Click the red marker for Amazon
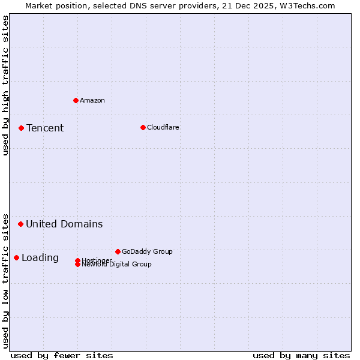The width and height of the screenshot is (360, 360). pyautogui.click(x=76, y=100)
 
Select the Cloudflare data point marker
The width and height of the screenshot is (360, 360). pyautogui.click(x=143, y=127)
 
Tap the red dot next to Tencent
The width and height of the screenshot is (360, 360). pyautogui.click(x=21, y=128)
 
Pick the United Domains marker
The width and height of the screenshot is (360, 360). pyautogui.click(x=20, y=224)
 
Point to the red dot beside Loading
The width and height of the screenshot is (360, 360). pyautogui.click(x=16, y=257)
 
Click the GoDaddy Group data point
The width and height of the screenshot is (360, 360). pyautogui.click(x=118, y=251)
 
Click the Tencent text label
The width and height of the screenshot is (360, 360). pyautogui.click(x=45, y=128)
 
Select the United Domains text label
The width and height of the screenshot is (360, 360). pyautogui.click(x=64, y=224)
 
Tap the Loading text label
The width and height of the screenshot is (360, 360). pyautogui.click(x=40, y=257)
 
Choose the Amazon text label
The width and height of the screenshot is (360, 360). pyautogui.click(x=92, y=100)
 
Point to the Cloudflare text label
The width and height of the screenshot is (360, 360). pyautogui.click(x=163, y=127)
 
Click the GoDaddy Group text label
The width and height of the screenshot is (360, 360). pyautogui.click(x=147, y=251)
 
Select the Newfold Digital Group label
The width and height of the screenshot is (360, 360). pyautogui.click(x=117, y=265)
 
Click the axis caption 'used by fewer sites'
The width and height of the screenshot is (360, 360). pyautogui.click(x=62, y=355)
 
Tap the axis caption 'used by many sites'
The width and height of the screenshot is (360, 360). pyautogui.click(x=301, y=355)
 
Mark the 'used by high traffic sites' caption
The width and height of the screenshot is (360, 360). pyautogui.click(x=5, y=85)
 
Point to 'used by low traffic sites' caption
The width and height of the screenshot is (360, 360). pyautogui.click(x=5, y=281)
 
